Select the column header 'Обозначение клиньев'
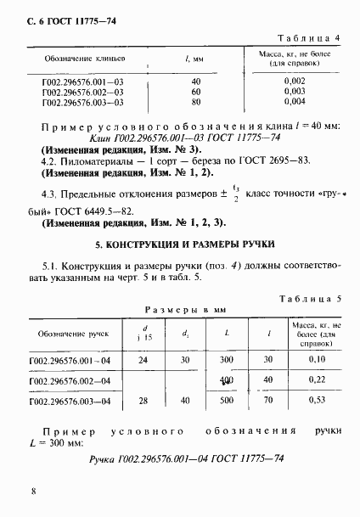[x=73, y=59]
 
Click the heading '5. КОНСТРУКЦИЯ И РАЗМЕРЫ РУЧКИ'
[x=180, y=244]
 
